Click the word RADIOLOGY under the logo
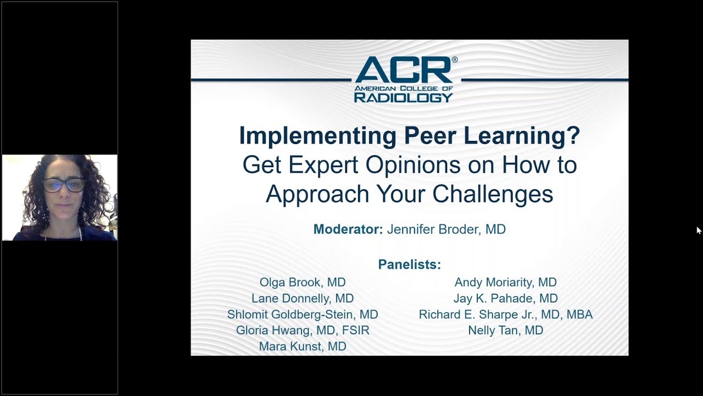point(403,97)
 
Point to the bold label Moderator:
point(348,229)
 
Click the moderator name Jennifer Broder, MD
point(446,229)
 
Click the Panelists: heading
point(409,265)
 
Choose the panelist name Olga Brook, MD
point(303,282)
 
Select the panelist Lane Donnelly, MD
point(303,298)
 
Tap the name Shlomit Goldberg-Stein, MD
point(303,315)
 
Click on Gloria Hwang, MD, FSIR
point(303,331)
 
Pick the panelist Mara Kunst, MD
point(303,346)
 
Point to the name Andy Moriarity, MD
point(505,282)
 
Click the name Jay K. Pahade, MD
point(505,298)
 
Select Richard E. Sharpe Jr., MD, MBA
point(505,315)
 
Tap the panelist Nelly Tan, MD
point(505,331)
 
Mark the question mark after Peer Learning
point(574,136)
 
